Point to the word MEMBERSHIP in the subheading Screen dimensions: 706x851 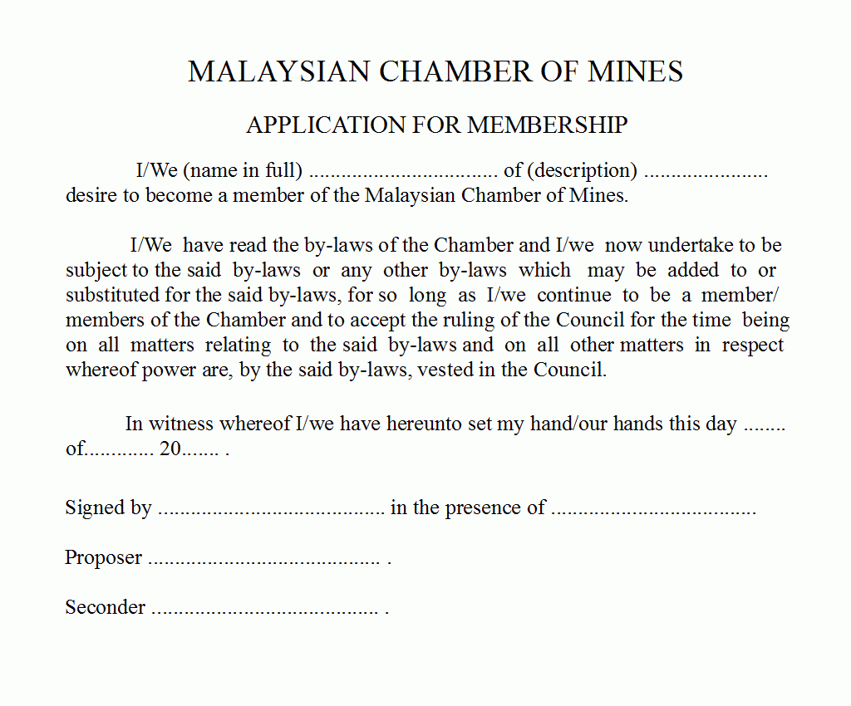(x=547, y=125)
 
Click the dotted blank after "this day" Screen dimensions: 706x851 (x=764, y=427)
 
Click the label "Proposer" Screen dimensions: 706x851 (x=104, y=558)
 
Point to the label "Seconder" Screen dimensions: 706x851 (x=106, y=607)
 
